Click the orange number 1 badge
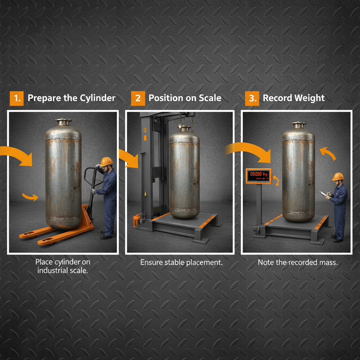click(16, 98)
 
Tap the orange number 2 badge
click(138, 98)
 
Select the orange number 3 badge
click(252, 98)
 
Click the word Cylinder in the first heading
click(97, 98)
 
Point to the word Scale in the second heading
click(210, 98)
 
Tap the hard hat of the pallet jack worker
click(107, 162)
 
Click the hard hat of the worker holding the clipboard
click(338, 176)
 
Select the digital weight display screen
click(258, 176)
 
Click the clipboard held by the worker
click(323, 193)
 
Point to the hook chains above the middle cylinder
click(186, 121)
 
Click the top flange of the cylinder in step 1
click(63, 121)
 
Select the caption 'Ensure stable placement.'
click(181, 262)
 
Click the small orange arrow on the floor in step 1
click(30, 197)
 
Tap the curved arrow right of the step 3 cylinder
click(328, 154)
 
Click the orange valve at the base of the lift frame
click(136, 221)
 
